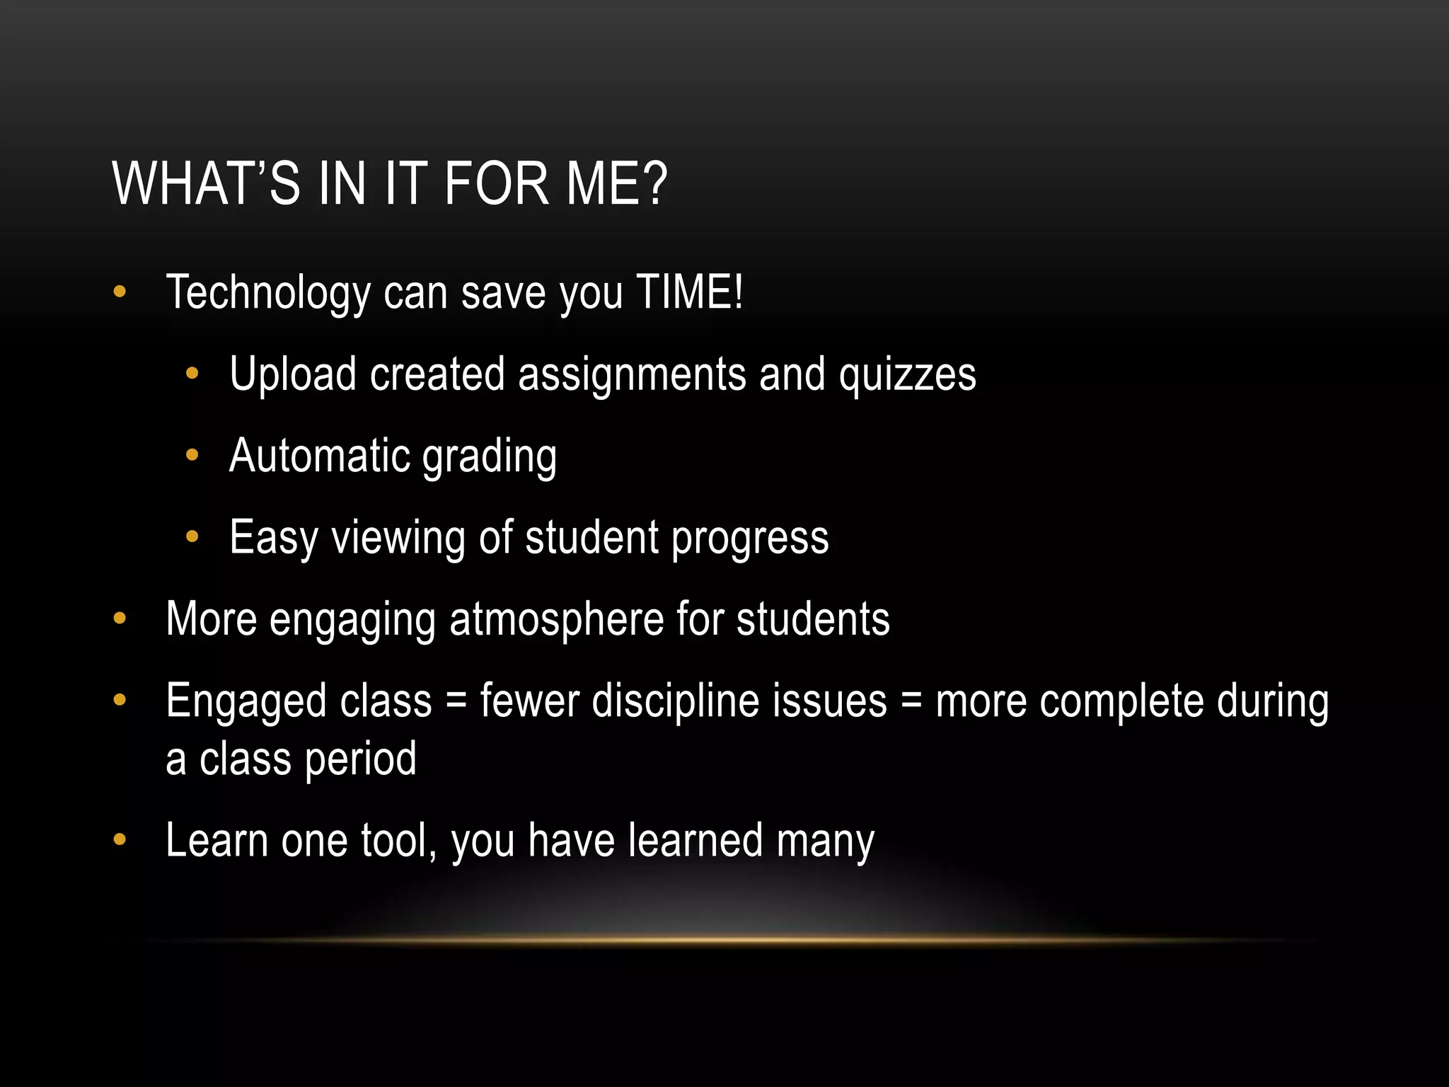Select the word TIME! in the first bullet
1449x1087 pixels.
690,292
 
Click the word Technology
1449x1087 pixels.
267,293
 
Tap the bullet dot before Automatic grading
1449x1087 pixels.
192,456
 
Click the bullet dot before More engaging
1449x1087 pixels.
120,619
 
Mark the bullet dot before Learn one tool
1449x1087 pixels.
120,840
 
